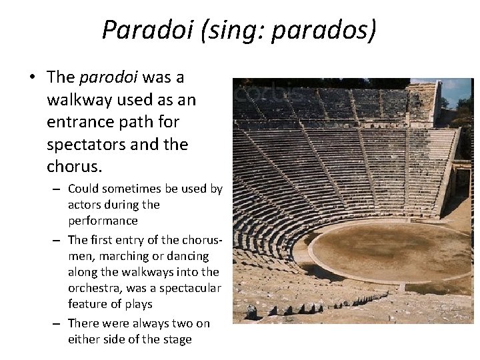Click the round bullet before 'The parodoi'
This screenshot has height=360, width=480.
pyautogui.click(x=32, y=78)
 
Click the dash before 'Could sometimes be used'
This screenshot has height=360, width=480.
pyautogui.click(x=57, y=189)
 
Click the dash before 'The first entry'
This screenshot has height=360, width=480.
pyautogui.click(x=57, y=240)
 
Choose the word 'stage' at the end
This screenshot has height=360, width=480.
pyautogui.click(x=177, y=339)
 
